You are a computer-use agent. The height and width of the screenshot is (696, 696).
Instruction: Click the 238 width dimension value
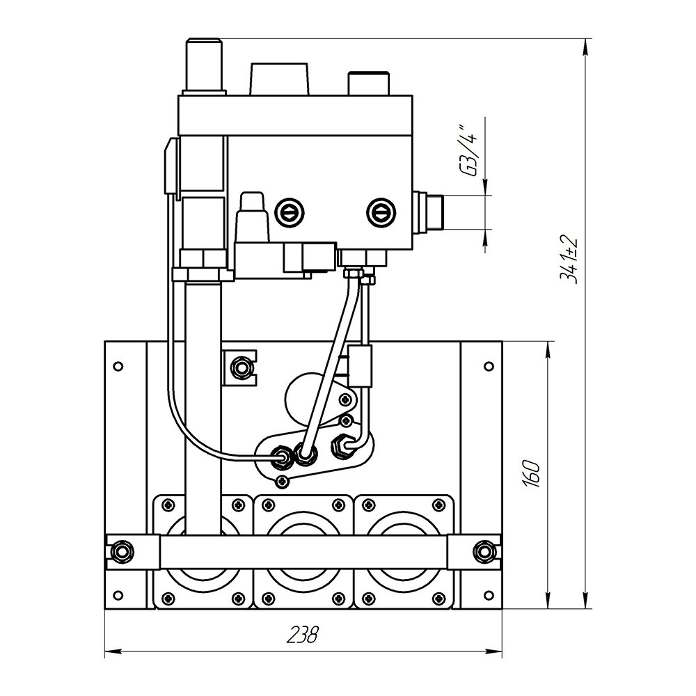[x=303, y=635]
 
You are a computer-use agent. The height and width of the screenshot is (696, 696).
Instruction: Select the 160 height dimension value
[x=531, y=475]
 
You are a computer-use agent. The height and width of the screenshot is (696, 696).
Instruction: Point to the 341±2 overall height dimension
[x=569, y=260]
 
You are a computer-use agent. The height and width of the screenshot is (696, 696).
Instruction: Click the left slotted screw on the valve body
[x=289, y=212]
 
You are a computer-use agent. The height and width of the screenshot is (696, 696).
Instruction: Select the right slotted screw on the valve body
[x=381, y=212]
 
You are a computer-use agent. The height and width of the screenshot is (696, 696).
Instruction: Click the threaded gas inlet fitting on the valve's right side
[x=429, y=212]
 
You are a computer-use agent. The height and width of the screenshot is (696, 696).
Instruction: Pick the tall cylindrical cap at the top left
[x=204, y=66]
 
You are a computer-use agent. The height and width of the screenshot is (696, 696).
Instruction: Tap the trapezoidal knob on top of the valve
[x=280, y=79]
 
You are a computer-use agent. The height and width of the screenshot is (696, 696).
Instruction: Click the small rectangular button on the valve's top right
[x=368, y=83]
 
